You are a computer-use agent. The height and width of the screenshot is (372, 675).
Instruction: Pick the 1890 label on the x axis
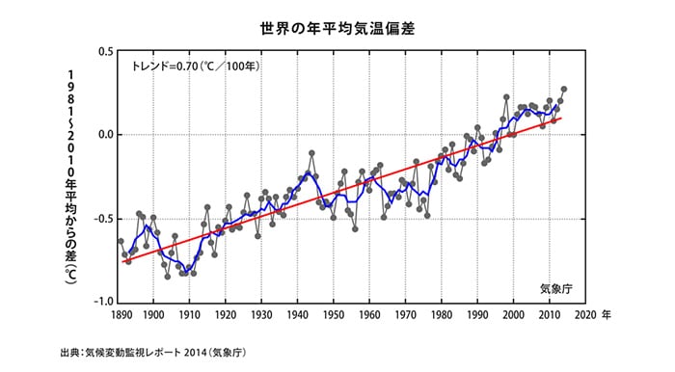tap(121, 315)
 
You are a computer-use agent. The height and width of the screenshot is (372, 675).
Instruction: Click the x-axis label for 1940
tap(298, 315)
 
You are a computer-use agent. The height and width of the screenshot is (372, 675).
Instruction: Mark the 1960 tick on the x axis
tap(369, 315)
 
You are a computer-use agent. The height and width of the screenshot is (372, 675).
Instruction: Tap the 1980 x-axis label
tap(442, 315)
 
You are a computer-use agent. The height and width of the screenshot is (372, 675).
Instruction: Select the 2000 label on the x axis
tap(514, 315)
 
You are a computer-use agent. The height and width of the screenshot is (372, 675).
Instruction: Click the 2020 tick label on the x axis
tap(584, 315)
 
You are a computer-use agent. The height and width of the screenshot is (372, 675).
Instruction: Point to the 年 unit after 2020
tap(606, 315)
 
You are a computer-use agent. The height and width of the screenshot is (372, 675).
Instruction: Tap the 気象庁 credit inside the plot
tap(556, 287)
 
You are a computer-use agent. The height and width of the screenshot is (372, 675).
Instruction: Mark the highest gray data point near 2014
tap(564, 90)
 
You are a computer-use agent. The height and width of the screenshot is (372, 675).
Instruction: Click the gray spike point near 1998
tap(506, 97)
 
